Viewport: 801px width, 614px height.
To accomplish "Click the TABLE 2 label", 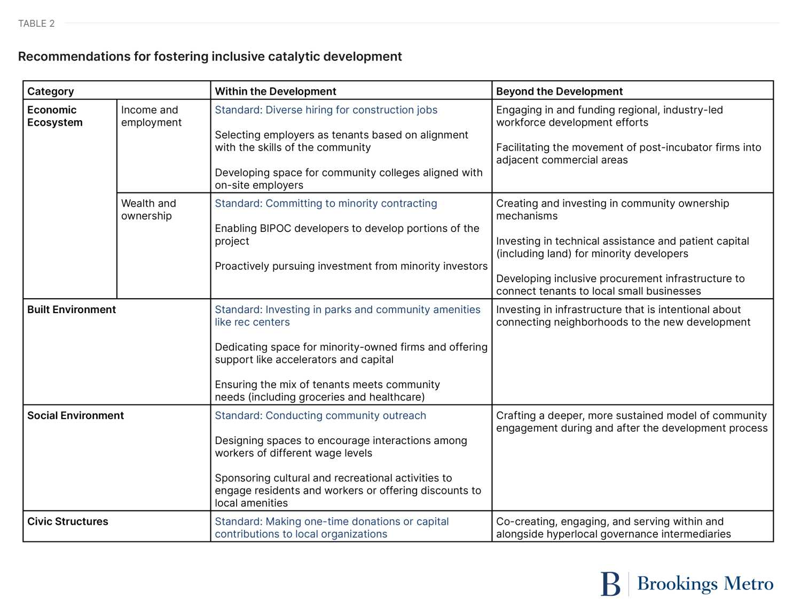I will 36,24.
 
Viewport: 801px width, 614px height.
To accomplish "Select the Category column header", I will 51,91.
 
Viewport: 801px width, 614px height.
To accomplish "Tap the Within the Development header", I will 276,91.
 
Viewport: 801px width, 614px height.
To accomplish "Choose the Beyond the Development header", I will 559,91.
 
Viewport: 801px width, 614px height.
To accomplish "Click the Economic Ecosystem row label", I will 55,116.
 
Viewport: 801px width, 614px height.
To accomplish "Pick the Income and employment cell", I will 151,116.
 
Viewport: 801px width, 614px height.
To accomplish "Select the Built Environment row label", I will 72,309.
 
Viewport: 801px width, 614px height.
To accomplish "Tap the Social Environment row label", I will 75,415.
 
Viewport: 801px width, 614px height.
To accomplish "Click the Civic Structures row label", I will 68,522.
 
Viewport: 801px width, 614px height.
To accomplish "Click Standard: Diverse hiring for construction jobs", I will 326,110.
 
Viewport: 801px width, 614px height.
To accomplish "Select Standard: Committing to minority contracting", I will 326,204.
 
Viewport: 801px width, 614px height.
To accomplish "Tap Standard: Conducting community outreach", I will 320,416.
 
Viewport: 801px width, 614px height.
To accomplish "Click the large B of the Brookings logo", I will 610,584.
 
